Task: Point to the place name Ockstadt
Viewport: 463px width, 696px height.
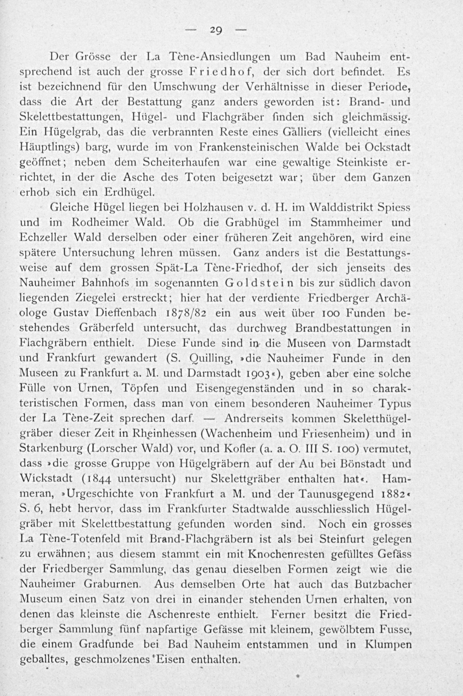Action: [388, 147]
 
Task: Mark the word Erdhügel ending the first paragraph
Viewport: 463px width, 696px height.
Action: [130, 193]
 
